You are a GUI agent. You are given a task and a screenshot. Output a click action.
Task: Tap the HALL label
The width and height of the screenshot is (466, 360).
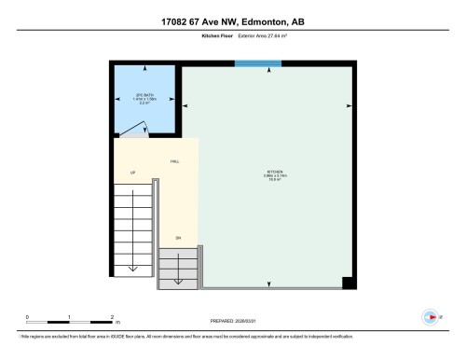pos(174,161)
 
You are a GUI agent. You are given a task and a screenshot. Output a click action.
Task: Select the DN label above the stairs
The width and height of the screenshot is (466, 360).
pos(177,239)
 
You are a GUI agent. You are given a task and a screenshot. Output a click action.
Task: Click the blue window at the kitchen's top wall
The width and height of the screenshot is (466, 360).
pos(258,63)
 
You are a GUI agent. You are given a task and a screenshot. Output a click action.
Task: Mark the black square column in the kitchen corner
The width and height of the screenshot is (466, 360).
pos(348,284)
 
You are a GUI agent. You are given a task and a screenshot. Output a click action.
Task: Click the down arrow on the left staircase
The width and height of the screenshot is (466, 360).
pos(131,267)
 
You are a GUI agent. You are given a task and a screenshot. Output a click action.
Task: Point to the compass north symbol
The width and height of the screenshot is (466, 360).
pos(430,314)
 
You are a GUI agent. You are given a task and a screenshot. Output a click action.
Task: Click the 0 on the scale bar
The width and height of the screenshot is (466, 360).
pos(28,317)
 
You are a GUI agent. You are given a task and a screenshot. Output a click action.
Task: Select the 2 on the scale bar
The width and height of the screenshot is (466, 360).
pos(112,317)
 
